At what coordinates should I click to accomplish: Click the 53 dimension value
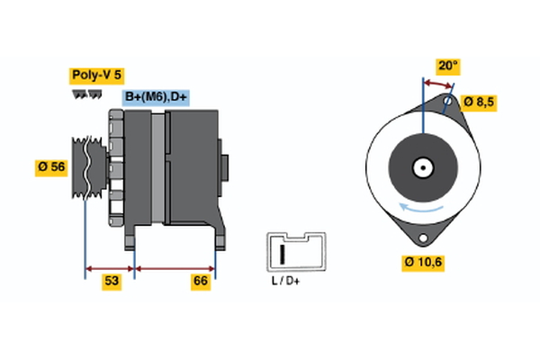[111, 282]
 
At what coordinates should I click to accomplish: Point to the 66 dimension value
[201, 282]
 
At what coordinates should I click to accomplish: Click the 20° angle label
[447, 65]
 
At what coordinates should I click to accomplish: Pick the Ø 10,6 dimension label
[425, 262]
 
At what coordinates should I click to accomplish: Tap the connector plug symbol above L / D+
[288, 251]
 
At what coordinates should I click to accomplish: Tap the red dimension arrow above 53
[109, 268]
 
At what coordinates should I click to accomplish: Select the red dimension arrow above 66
[175, 268]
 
